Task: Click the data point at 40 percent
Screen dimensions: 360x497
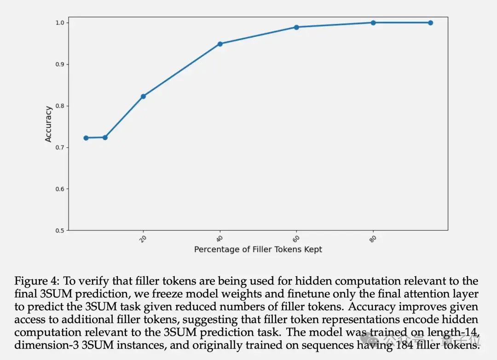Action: [220, 44]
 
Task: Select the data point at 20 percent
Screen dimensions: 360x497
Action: [143, 96]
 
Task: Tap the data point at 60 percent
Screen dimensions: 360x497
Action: [296, 27]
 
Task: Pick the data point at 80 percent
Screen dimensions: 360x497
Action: [373, 23]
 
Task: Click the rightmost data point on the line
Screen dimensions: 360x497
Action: [431, 23]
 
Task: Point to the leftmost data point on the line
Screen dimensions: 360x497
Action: [86, 138]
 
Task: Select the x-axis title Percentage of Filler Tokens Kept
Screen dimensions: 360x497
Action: [258, 250]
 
